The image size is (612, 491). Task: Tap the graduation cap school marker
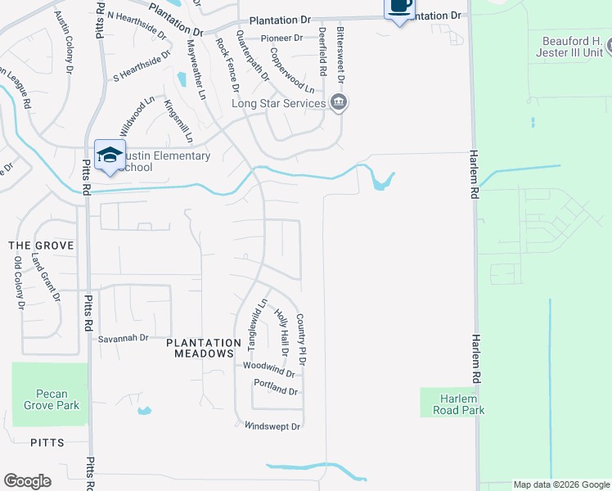click(110, 155)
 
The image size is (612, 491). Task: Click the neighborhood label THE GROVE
click(41, 245)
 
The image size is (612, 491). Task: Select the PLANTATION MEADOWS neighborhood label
click(204, 348)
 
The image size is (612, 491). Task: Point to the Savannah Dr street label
click(123, 337)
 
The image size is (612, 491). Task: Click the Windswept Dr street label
click(272, 426)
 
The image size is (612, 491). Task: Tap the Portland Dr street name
click(276, 391)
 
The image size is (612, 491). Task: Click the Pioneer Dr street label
click(281, 38)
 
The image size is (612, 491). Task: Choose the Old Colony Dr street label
click(19, 282)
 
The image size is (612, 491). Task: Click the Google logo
click(27, 481)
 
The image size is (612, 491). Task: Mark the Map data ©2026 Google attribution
click(560, 484)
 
